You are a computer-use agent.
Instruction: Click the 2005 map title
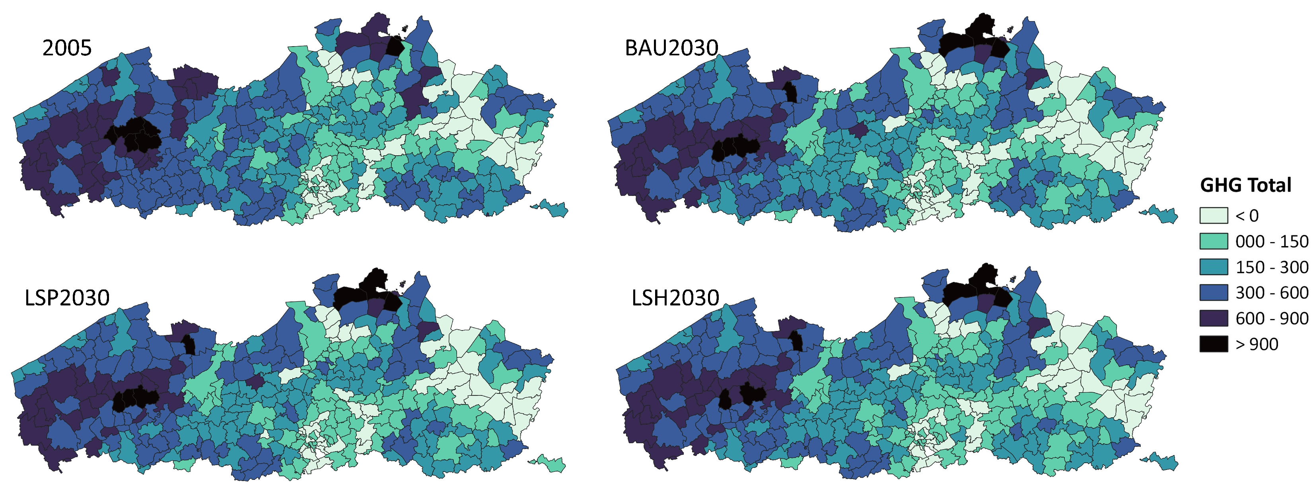[67, 48]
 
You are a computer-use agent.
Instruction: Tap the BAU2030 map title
[671, 48]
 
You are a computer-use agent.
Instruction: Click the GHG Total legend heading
[1245, 185]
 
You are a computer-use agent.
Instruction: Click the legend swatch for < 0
[1214, 215]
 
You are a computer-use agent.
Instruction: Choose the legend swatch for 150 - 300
[1214, 267]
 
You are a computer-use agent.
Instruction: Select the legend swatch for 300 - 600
[1214, 292]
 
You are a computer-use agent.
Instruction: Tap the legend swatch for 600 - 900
[1214, 318]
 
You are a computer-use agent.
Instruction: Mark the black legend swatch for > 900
[1214, 344]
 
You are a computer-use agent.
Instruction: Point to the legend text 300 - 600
[1271, 293]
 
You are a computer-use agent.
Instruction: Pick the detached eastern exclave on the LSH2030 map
[1163, 462]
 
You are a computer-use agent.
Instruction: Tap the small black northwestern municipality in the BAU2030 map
[791, 92]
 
